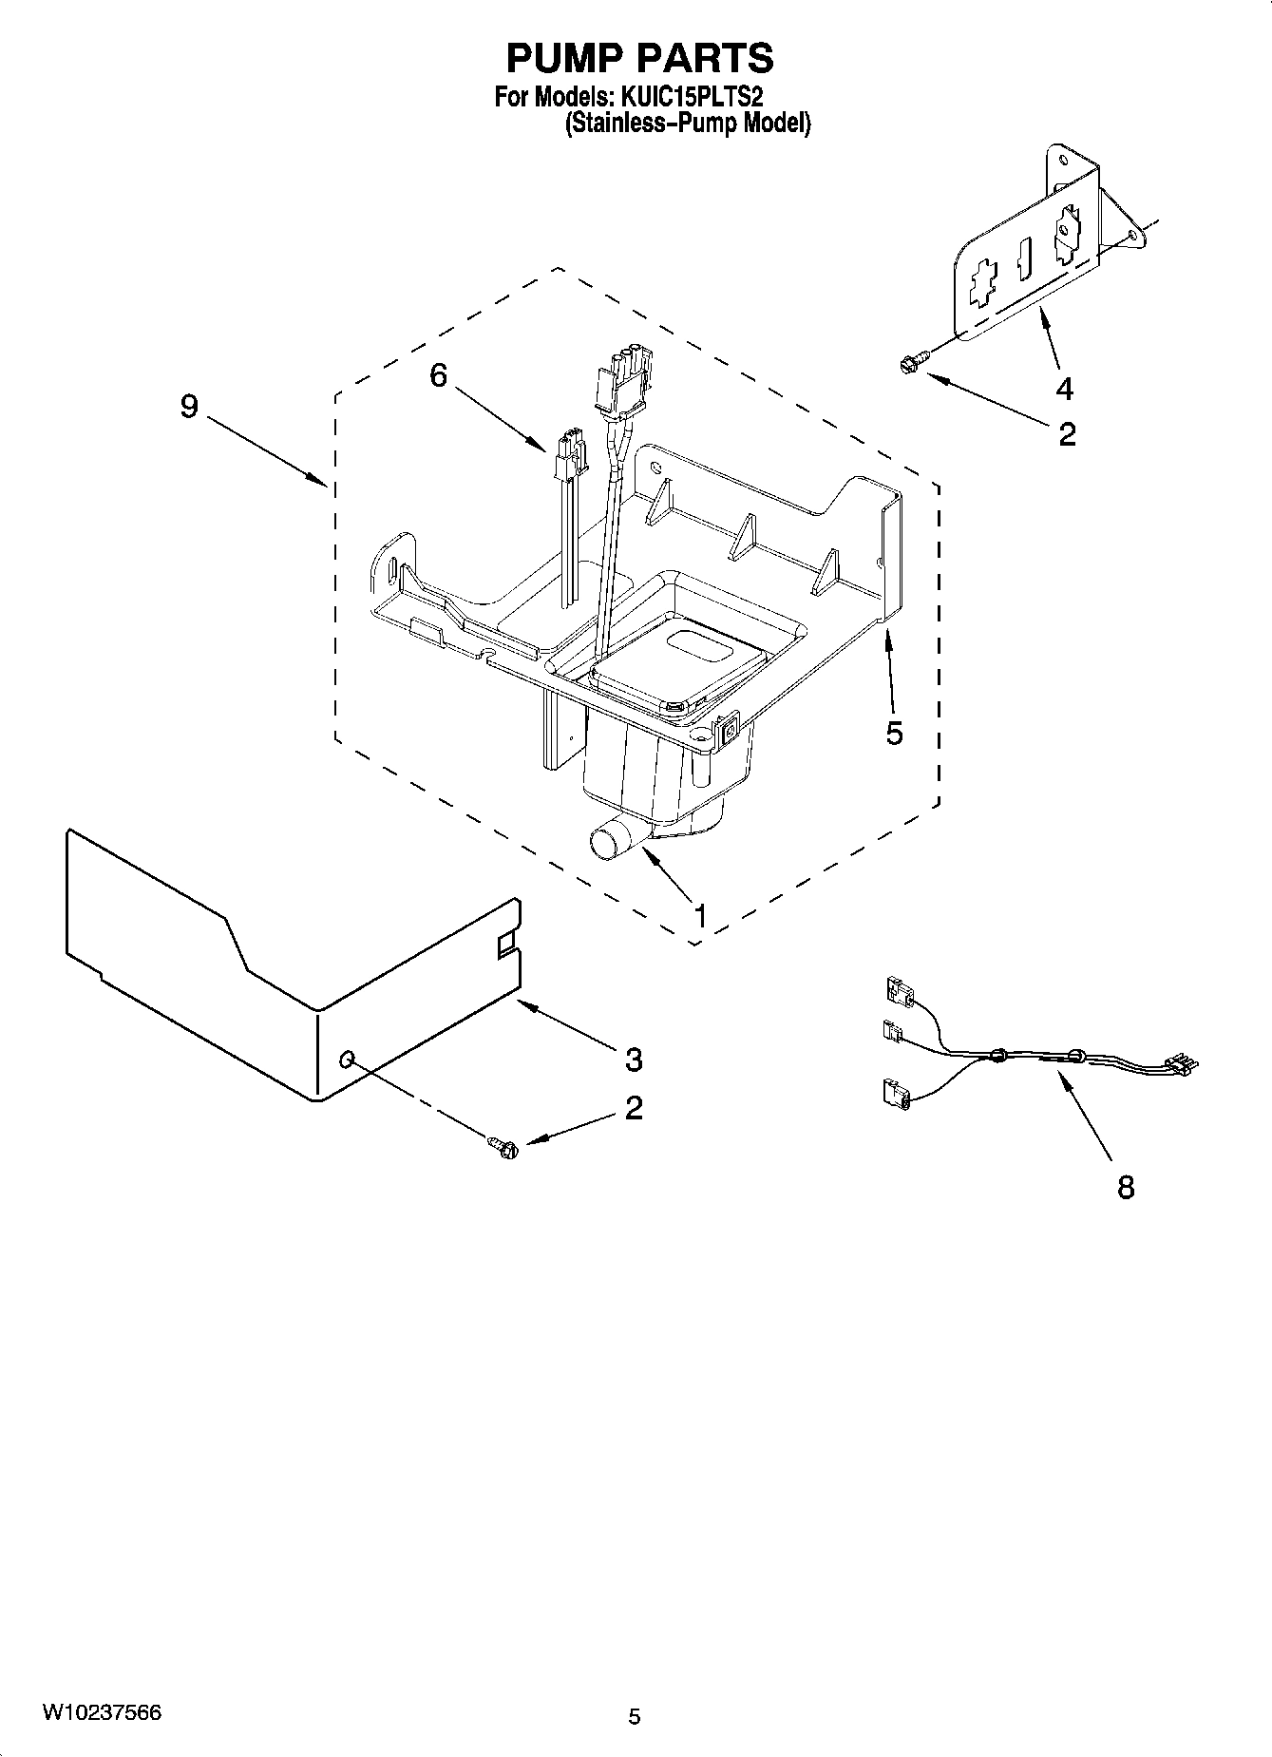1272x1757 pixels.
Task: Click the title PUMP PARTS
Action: click(639, 58)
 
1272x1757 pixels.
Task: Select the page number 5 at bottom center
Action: click(635, 1716)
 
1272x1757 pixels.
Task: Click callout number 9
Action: click(189, 407)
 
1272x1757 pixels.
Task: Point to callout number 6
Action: click(438, 375)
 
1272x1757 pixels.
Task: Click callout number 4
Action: click(1064, 388)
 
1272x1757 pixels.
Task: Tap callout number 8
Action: click(1126, 1187)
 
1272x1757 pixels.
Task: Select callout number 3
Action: click(634, 1059)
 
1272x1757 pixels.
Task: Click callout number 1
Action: click(700, 917)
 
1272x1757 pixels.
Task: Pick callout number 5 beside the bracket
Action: click(894, 733)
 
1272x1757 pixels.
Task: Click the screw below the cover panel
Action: click(504, 1147)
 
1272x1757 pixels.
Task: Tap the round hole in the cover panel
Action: click(348, 1058)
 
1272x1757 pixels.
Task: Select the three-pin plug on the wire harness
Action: click(1181, 1063)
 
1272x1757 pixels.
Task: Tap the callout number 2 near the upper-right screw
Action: click(1067, 434)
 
